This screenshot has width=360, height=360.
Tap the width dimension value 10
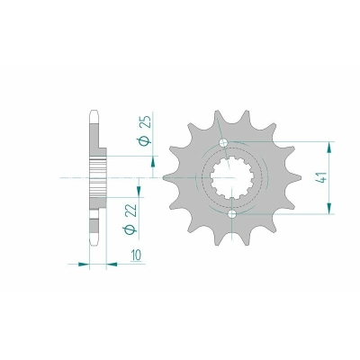(x=136, y=255)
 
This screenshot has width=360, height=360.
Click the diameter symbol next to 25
(x=146, y=140)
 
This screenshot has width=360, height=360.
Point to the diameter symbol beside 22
(x=130, y=229)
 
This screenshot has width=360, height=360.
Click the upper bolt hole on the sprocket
(x=224, y=143)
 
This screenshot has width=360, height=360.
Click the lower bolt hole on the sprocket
(x=232, y=214)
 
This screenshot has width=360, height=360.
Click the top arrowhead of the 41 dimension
(x=329, y=148)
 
